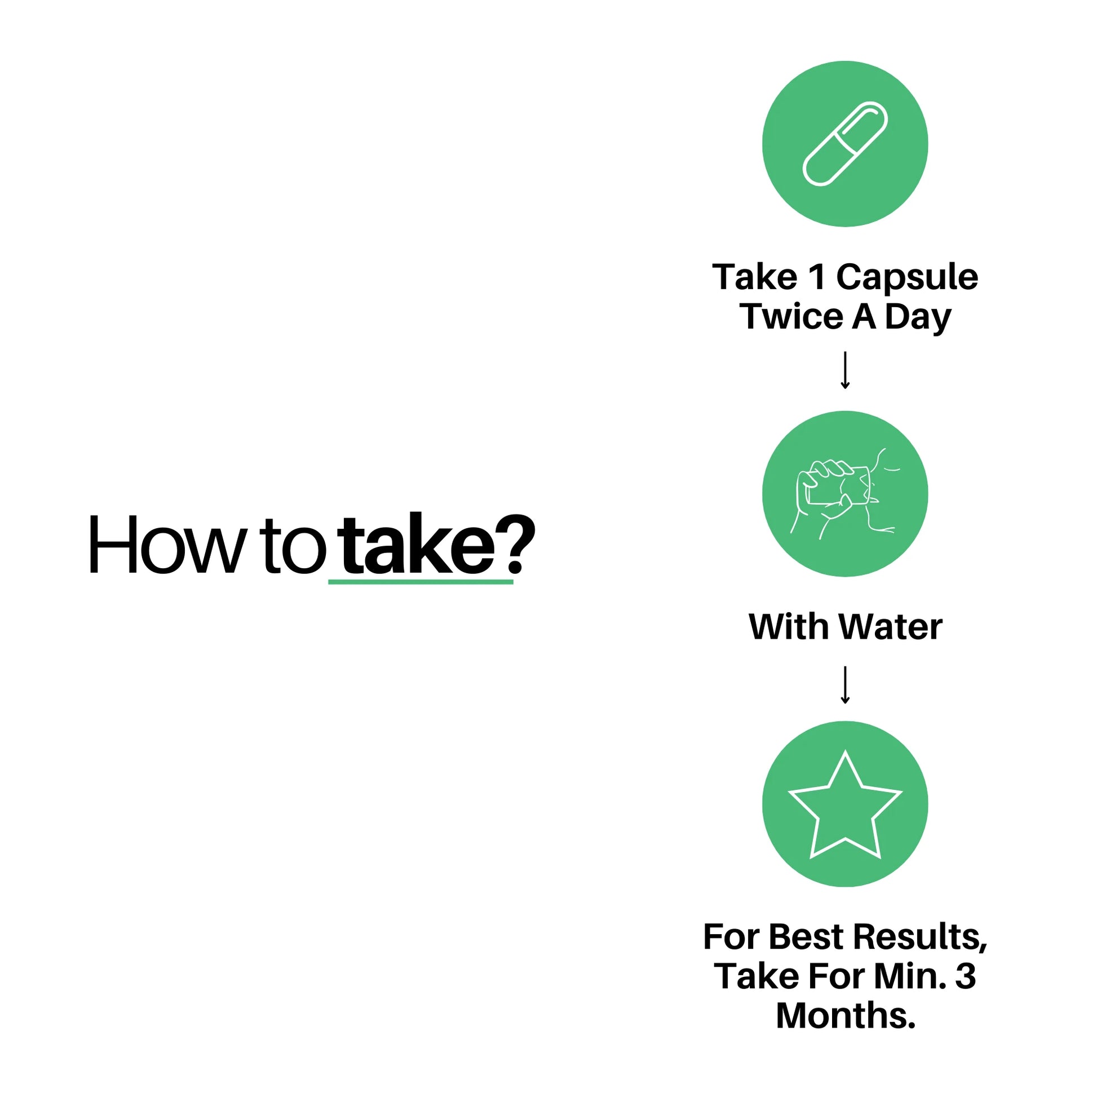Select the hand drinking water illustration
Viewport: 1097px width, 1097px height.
click(844, 493)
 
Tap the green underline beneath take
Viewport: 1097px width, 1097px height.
click(421, 581)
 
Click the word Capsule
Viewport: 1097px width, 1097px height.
click(907, 278)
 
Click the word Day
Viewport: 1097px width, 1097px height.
click(918, 318)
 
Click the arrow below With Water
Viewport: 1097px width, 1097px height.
click(845, 685)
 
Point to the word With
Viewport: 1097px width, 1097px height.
click(791, 627)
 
